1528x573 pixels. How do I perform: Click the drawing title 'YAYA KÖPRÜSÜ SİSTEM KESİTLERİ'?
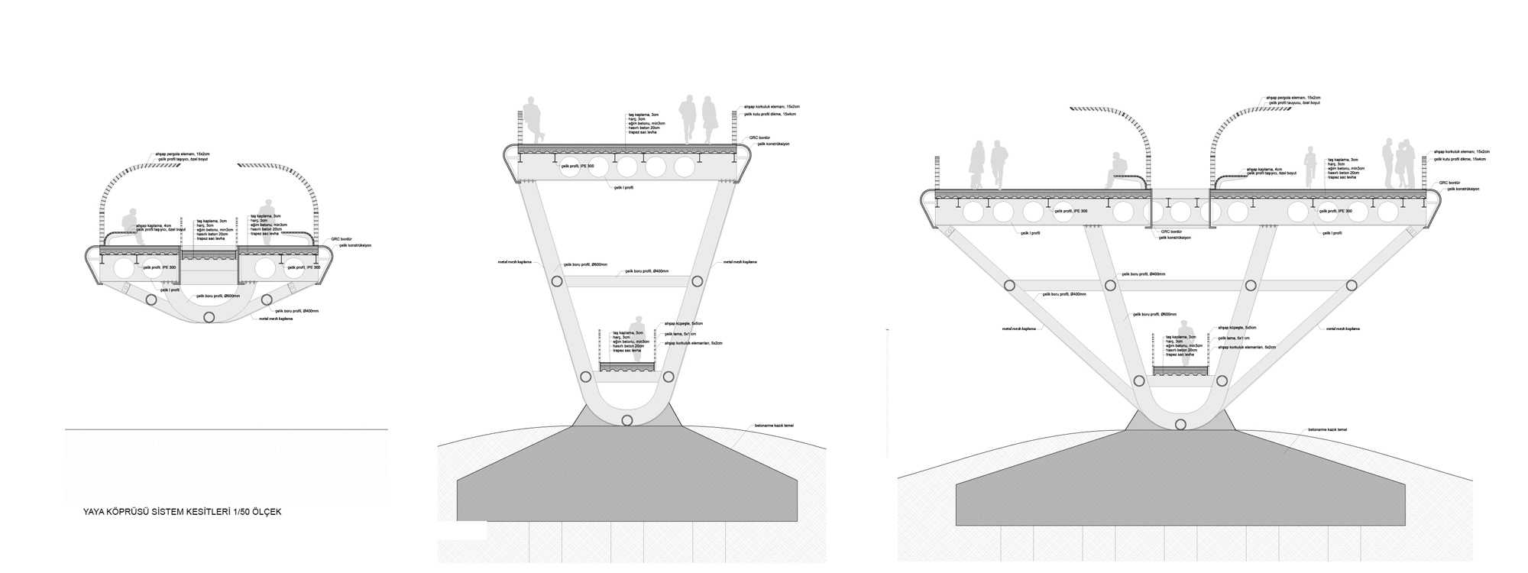pyautogui.click(x=182, y=512)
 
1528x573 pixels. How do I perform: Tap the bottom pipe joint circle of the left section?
pyautogui.click(x=209, y=316)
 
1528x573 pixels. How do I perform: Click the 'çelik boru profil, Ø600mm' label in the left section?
pyautogui.click(x=218, y=296)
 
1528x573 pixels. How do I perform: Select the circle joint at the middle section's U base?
pyautogui.click(x=628, y=420)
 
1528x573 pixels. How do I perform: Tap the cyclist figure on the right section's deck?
pyautogui.click(x=1309, y=169)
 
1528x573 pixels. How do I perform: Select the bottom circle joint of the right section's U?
pyautogui.click(x=1180, y=424)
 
